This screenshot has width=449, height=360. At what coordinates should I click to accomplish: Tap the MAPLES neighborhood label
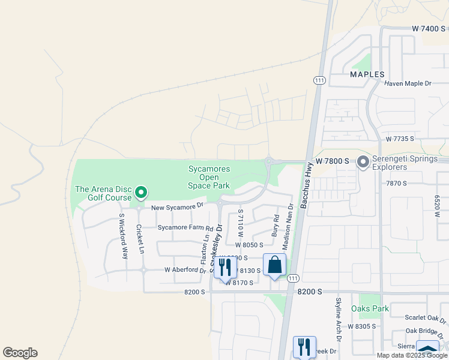click(367, 74)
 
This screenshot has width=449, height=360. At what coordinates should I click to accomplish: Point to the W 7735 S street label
click(400, 139)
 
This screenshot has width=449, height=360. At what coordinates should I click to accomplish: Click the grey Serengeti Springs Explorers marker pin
click(363, 162)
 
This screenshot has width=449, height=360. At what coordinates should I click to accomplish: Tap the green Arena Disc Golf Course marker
click(141, 193)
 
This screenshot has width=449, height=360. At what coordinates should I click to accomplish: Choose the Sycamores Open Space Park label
click(209, 178)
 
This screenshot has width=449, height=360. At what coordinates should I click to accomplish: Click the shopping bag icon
click(274, 265)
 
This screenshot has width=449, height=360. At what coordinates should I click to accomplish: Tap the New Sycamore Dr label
click(178, 207)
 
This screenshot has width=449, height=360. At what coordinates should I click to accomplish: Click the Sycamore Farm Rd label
click(185, 229)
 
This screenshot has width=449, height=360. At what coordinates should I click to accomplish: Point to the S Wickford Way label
click(123, 236)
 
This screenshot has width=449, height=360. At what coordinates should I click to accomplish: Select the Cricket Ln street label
click(140, 239)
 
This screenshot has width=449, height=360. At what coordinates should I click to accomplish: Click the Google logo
click(20, 353)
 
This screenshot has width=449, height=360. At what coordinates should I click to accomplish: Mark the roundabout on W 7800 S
click(269, 161)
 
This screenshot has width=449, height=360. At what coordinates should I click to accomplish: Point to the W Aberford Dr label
click(185, 270)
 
